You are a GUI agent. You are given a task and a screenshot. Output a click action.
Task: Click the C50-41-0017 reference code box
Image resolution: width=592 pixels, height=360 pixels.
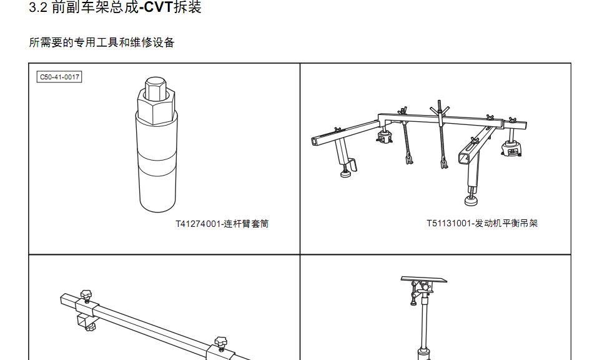[x=59, y=77]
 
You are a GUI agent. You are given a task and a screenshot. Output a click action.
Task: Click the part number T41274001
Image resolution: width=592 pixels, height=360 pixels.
[x=198, y=224]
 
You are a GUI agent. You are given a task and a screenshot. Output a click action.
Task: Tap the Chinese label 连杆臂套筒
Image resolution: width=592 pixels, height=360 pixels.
[x=246, y=224]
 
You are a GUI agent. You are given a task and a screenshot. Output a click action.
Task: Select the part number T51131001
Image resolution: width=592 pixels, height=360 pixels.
[x=449, y=223]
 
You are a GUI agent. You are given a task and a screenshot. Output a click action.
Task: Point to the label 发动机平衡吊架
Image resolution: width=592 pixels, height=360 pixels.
[x=506, y=223]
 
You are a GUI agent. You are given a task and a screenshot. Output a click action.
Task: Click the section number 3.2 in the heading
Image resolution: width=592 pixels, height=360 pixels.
[x=38, y=7]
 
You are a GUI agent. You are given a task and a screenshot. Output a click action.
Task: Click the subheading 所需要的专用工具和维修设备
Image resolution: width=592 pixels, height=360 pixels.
[x=102, y=42]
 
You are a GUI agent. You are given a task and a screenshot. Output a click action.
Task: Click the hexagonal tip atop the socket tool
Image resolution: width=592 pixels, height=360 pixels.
[x=155, y=88]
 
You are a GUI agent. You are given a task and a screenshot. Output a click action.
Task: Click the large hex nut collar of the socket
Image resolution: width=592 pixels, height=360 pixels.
[x=156, y=107]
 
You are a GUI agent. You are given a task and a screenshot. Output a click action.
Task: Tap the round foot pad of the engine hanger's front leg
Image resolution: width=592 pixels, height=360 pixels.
[x=471, y=201]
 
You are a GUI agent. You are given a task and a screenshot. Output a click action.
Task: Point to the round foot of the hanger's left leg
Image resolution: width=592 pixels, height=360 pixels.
[x=345, y=174]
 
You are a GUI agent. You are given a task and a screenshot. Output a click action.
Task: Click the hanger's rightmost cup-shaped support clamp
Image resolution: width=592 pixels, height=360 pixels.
[x=511, y=149]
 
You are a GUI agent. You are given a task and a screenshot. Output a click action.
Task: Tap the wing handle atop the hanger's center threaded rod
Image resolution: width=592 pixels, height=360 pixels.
[x=440, y=110]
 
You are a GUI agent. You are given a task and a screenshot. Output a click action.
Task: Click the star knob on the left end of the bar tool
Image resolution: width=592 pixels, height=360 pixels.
[x=86, y=295]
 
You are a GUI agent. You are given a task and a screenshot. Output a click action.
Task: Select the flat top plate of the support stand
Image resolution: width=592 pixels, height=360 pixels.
[x=423, y=279]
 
